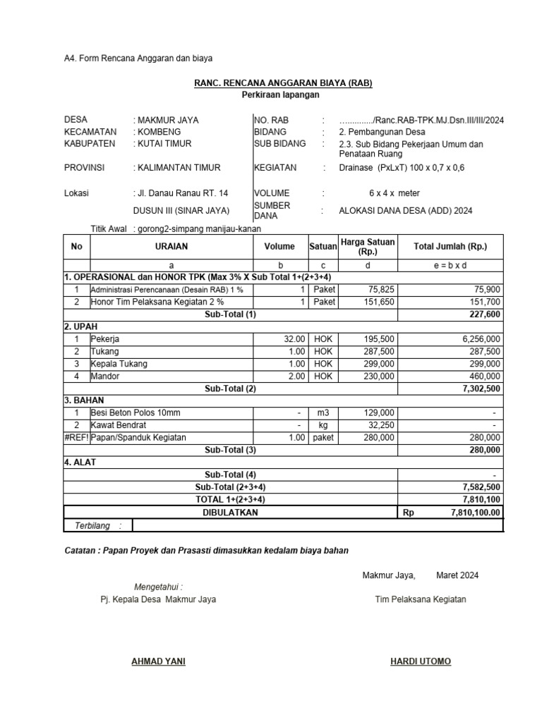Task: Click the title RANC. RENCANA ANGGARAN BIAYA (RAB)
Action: [283, 83]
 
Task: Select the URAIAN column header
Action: [171, 247]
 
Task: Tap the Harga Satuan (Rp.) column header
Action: [368, 247]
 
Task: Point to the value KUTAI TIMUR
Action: [167, 143]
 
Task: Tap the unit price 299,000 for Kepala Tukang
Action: [379, 364]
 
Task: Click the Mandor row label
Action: [105, 377]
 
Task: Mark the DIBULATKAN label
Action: [231, 513]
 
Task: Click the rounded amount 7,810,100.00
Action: [476, 513]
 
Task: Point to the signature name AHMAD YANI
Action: [159, 661]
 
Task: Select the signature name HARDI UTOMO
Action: [421, 661]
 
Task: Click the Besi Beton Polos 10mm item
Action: [135, 412]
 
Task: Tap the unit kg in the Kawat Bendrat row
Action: [323, 425]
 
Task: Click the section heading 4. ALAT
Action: [80, 462]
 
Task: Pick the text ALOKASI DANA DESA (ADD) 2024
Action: [406, 210]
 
